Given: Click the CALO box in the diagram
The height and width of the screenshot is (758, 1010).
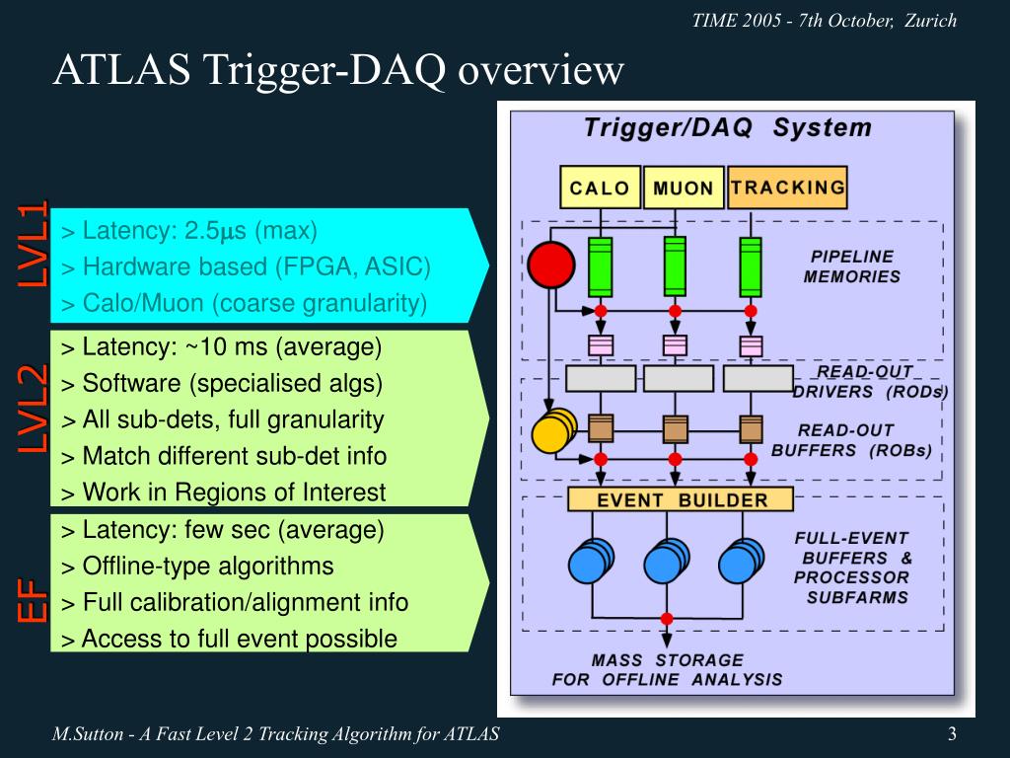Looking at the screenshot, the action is tap(601, 187).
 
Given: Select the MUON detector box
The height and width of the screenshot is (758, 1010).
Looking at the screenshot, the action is tap(684, 187).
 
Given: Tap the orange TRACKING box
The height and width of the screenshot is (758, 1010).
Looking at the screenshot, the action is tap(787, 187).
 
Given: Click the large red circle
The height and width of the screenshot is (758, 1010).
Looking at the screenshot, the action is tap(551, 265).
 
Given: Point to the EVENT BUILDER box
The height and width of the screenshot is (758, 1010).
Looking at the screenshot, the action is tap(681, 499).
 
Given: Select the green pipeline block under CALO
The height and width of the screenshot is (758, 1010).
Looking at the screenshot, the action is tap(601, 266).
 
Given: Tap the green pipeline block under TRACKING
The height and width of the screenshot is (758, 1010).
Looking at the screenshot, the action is tap(751, 266).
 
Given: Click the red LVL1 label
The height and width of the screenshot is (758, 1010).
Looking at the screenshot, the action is tap(34, 244).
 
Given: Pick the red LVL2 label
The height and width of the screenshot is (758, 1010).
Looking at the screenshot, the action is tap(34, 409).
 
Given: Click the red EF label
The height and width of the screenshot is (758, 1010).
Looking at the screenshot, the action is tap(34, 601).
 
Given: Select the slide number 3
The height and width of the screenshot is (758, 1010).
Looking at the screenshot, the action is tap(952, 733).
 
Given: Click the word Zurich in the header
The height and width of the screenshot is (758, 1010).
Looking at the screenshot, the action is tap(931, 21).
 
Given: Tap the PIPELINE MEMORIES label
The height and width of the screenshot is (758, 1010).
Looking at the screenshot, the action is tap(851, 266).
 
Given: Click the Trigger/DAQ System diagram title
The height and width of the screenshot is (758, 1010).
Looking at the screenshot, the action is tap(728, 127).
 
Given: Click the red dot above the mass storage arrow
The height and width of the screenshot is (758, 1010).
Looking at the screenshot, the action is tap(667, 619).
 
